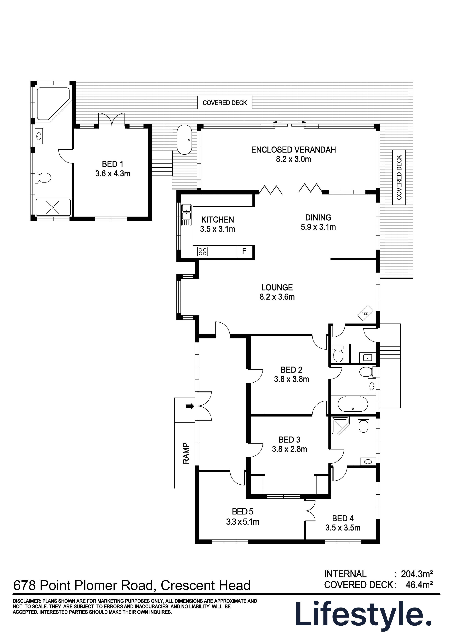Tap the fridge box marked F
(x=244, y=251)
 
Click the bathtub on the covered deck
(x=185, y=140)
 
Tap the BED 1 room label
(x=112, y=164)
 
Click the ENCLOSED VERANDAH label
(x=293, y=150)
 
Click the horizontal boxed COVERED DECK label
(x=225, y=103)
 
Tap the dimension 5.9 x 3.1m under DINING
(x=318, y=227)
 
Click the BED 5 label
(x=243, y=512)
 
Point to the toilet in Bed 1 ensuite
(x=44, y=177)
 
